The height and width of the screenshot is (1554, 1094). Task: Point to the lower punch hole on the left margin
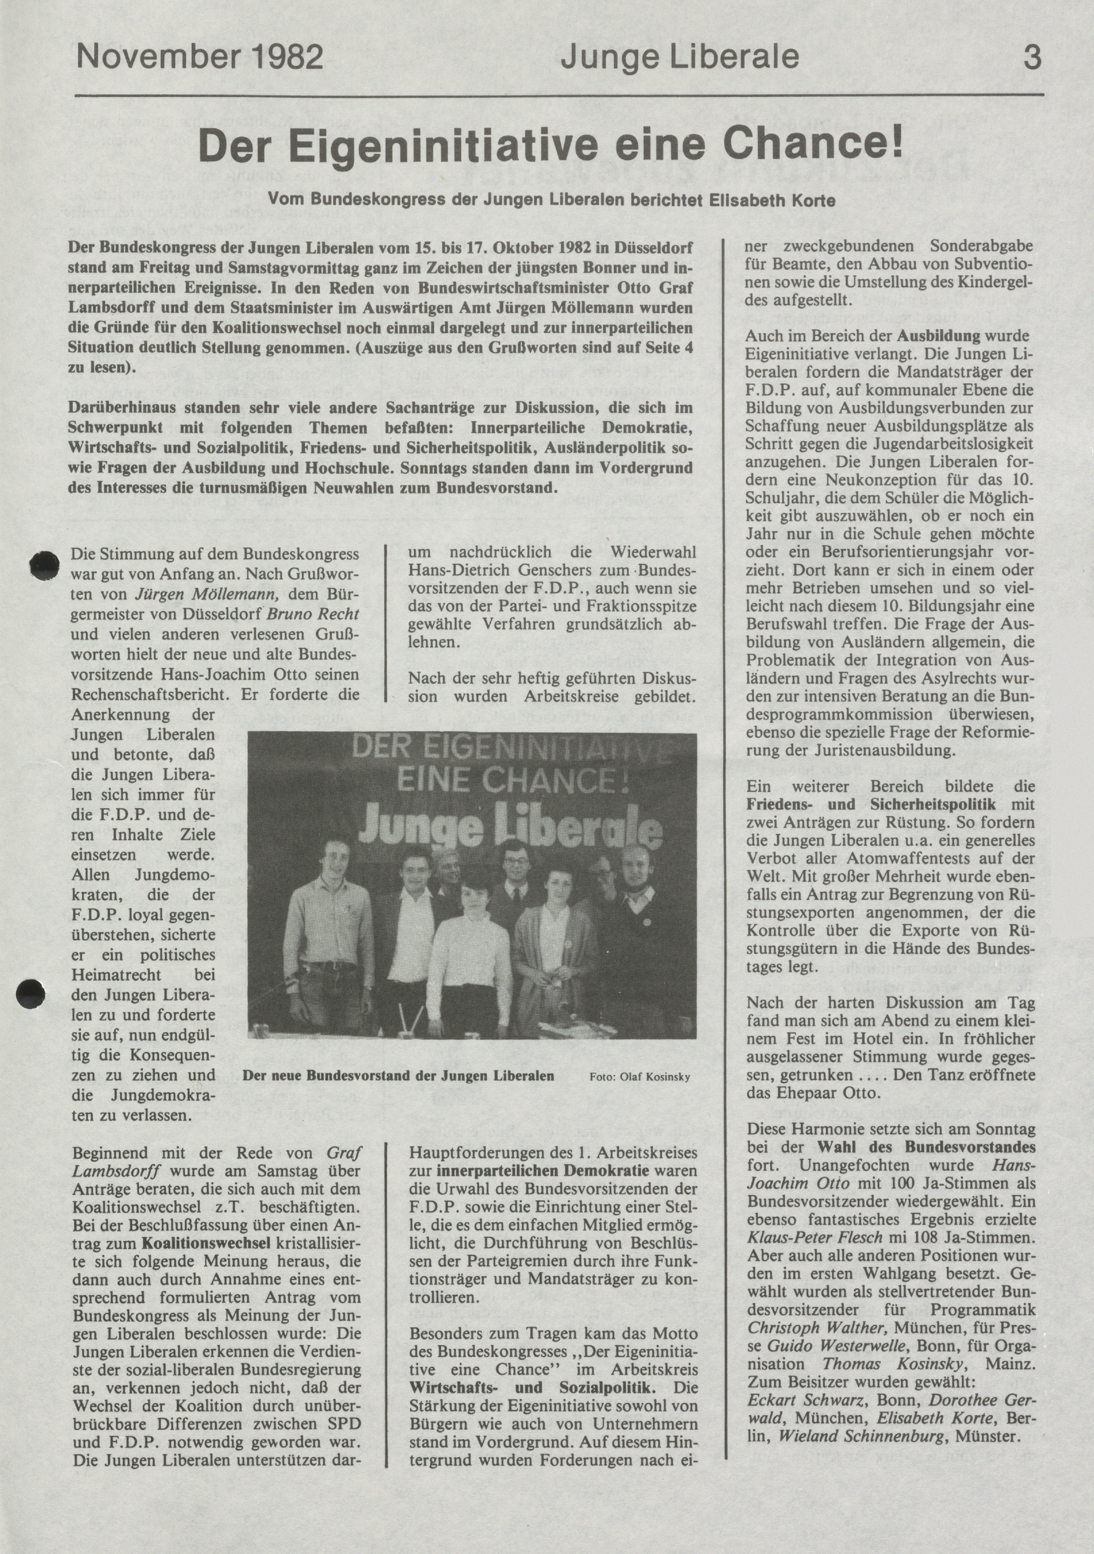(x=31, y=993)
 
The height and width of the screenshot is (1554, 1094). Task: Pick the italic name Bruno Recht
(x=313, y=615)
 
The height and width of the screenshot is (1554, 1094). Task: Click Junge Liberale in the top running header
(x=680, y=58)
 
